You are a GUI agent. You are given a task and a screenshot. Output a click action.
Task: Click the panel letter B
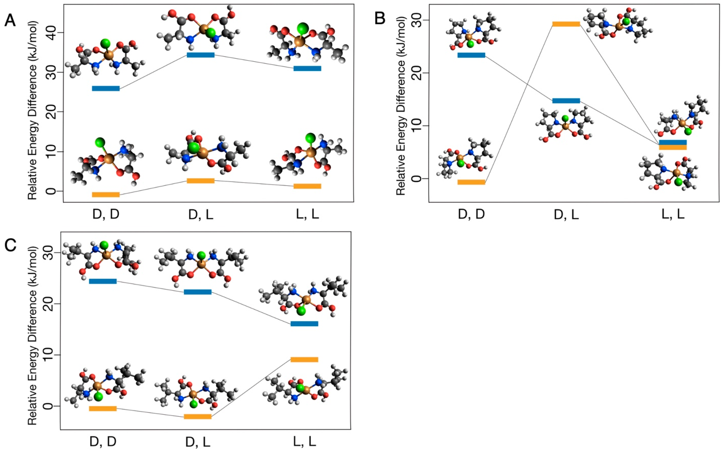(380, 19)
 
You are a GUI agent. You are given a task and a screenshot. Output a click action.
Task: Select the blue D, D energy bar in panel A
(106, 88)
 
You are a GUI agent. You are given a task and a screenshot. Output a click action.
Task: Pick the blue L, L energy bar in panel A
(307, 68)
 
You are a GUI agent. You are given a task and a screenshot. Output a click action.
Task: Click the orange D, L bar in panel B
(566, 24)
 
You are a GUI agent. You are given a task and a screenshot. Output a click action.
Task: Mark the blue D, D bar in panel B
(471, 55)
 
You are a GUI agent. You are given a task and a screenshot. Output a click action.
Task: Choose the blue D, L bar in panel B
(566, 101)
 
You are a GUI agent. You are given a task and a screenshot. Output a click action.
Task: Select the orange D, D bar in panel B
(471, 182)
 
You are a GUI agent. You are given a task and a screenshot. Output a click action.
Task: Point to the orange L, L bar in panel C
(304, 360)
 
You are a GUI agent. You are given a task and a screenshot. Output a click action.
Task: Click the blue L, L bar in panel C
(304, 324)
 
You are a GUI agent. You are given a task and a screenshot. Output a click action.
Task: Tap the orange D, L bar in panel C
(197, 417)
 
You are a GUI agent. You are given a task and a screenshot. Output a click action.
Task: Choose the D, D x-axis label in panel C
(103, 442)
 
